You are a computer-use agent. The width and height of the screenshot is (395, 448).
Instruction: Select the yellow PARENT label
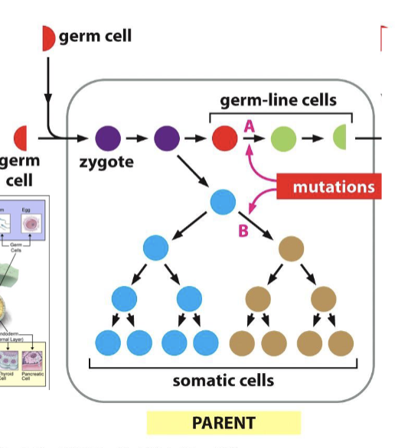(224, 422)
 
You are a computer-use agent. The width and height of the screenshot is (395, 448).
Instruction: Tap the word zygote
(105, 162)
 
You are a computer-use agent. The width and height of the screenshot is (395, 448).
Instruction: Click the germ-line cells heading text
(278, 100)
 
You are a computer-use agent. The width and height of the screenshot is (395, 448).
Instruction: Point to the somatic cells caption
(223, 380)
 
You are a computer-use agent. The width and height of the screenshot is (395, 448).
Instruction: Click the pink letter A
(249, 126)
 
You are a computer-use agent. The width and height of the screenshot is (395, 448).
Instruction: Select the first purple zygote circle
(108, 139)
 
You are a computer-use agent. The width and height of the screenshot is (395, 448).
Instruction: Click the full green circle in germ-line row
(282, 139)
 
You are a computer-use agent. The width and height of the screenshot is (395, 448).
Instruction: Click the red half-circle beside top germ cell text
(47, 37)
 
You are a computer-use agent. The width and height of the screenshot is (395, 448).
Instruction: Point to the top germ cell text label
(95, 37)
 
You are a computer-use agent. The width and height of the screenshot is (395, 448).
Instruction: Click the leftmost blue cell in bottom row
(107, 344)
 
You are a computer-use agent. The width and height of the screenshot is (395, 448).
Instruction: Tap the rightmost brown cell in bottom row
(338, 344)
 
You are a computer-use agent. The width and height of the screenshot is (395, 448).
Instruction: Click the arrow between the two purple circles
(137, 139)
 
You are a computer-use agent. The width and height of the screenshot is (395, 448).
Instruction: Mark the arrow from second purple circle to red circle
(196, 139)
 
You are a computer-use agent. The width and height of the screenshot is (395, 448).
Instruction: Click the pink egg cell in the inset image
(31, 224)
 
